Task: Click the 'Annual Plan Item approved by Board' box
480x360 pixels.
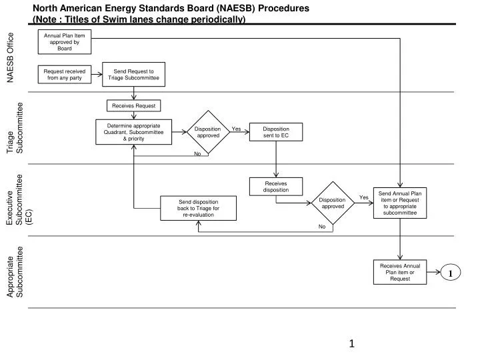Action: click(65, 42)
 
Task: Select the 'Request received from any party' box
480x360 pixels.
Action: click(65, 74)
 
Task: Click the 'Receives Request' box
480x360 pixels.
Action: click(133, 105)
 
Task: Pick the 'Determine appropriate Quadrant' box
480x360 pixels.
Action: click(133, 131)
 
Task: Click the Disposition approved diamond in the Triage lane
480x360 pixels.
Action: click(207, 132)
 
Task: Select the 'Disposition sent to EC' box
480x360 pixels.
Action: click(275, 132)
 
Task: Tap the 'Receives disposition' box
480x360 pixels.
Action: click(275, 187)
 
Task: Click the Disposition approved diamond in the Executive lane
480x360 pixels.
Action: click(332, 203)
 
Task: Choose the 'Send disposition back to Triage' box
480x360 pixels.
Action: click(198, 208)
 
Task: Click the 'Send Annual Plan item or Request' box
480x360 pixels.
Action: click(399, 203)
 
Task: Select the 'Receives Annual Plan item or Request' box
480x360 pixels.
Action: click(399, 272)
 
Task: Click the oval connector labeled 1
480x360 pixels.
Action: click(450, 273)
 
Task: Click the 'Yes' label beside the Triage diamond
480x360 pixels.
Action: click(236, 129)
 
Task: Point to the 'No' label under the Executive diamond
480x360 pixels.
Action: click(321, 227)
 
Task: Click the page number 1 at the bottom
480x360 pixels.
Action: click(352, 343)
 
